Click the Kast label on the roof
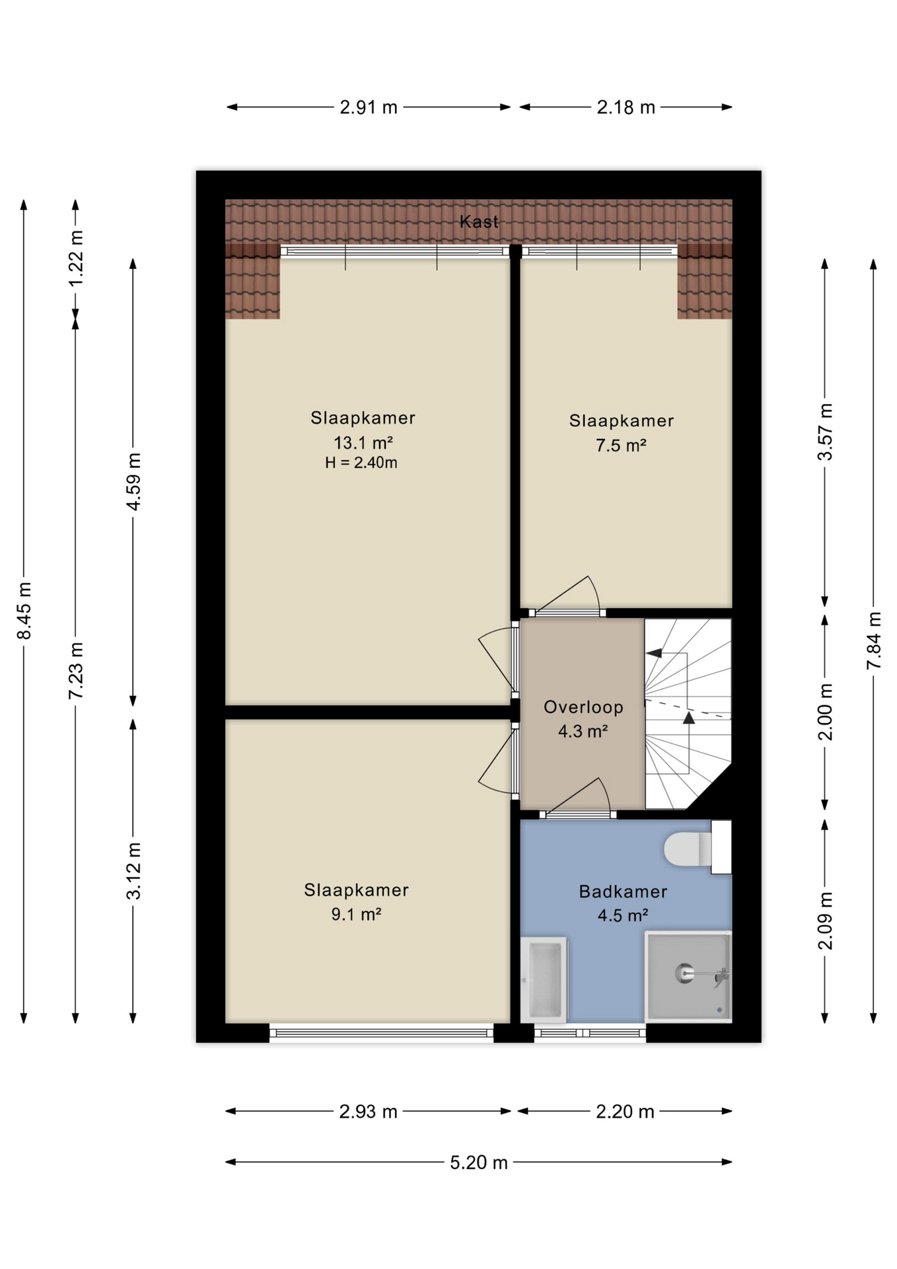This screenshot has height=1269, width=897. [479, 221]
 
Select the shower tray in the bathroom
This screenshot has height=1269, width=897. [688, 977]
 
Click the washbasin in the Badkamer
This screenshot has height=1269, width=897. [544, 980]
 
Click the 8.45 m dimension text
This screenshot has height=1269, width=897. [24, 611]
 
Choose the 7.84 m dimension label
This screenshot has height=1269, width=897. [874, 640]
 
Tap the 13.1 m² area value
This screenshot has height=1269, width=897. [363, 442]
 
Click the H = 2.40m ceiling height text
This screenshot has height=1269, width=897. [361, 463]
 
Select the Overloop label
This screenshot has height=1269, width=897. [583, 707]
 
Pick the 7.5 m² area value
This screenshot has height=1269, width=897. [621, 445]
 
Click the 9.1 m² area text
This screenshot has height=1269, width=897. [356, 914]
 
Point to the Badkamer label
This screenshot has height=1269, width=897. [623, 892]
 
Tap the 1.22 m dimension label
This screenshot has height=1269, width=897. [76, 258]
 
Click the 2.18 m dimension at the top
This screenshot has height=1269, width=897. [626, 107]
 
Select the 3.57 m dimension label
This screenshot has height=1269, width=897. [825, 432]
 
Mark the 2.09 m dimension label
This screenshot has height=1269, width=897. [825, 921]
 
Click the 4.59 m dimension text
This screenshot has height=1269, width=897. [133, 482]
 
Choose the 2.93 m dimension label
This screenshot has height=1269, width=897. [368, 1112]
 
